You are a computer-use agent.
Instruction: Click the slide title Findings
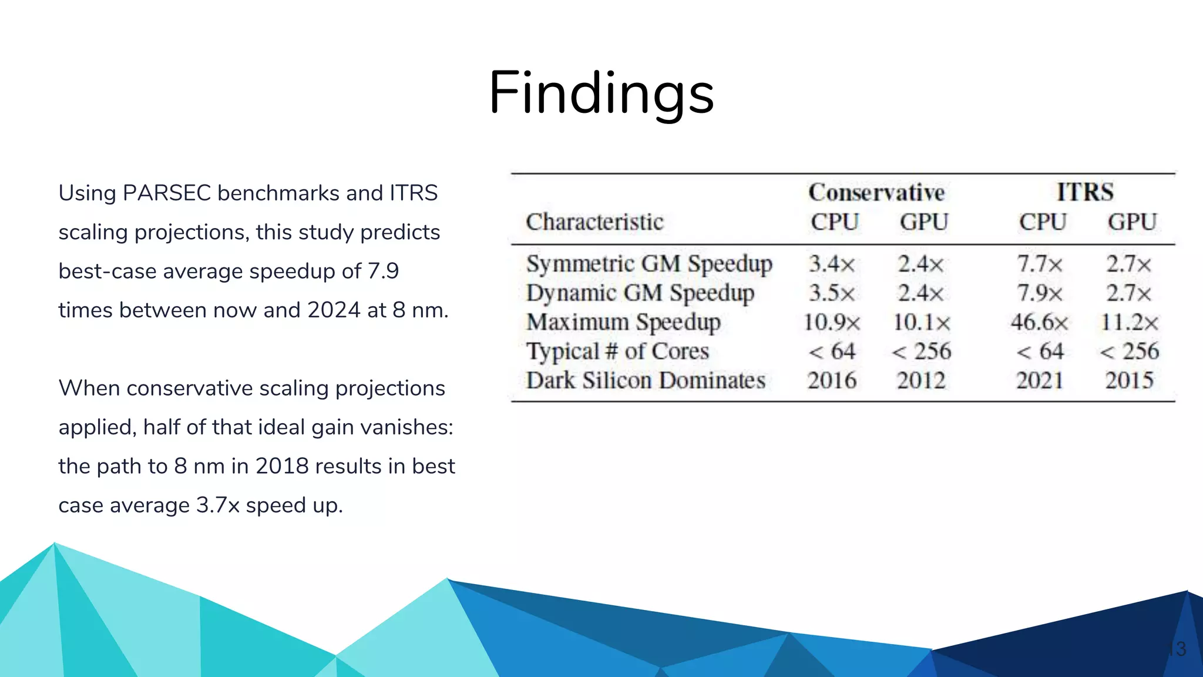(601, 93)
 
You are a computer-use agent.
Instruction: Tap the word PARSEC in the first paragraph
(166, 193)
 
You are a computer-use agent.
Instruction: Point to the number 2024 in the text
(334, 310)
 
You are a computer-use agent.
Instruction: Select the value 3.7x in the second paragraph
(217, 505)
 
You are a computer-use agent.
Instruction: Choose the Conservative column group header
(876, 192)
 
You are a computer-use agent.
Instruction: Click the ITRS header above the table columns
(1085, 192)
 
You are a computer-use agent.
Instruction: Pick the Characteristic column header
(594, 222)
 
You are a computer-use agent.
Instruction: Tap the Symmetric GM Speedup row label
(649, 264)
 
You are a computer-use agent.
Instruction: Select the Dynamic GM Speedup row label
(640, 293)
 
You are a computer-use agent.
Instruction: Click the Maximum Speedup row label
(623, 322)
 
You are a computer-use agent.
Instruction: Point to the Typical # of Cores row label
(617, 351)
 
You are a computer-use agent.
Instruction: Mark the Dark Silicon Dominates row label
(646, 381)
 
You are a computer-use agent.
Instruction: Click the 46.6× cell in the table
(1039, 322)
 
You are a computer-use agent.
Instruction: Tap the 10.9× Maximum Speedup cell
(832, 322)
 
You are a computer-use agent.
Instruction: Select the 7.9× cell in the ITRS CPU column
(1039, 293)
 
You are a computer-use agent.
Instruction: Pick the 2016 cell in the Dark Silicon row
(832, 381)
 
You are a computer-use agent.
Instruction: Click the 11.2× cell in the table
(1129, 322)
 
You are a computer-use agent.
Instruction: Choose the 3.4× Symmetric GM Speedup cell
(832, 264)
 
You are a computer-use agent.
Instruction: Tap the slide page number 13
(1177, 649)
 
